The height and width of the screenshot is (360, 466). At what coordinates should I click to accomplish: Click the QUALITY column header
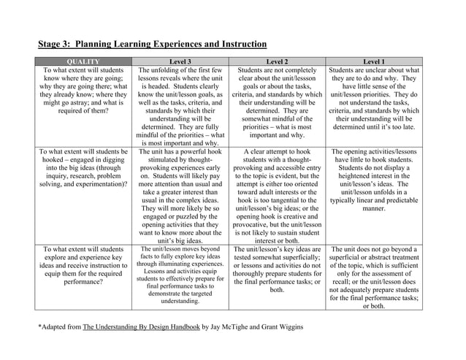[x=86, y=61]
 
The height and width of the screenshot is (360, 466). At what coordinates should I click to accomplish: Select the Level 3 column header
[x=180, y=61]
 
